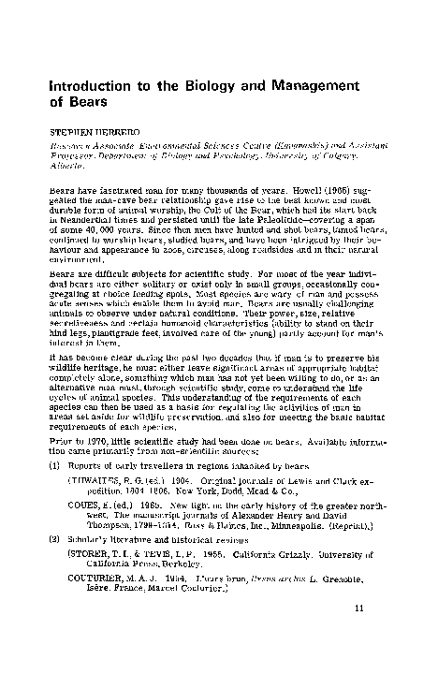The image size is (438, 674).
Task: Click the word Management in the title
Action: [351, 83]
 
